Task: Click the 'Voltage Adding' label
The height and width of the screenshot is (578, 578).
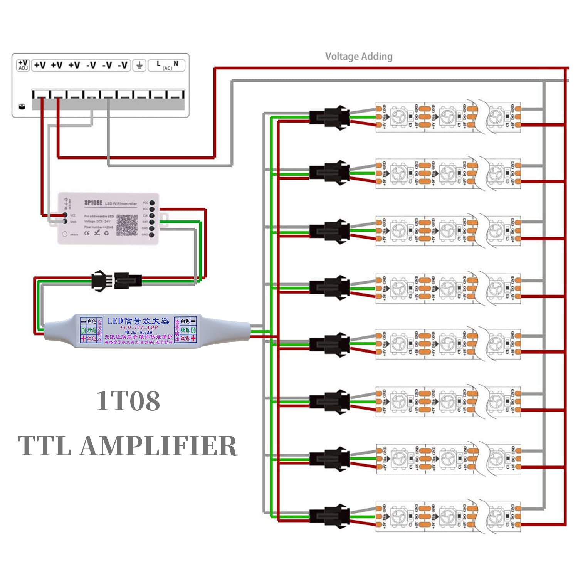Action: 359,57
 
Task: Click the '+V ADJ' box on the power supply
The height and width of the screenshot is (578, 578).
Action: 23,65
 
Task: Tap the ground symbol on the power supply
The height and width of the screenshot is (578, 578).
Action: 139,65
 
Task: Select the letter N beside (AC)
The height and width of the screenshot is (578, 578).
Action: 176,64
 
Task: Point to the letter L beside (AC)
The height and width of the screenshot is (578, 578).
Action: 158,64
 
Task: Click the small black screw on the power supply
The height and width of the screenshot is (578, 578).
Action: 22,106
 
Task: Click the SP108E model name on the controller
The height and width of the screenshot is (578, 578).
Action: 93,203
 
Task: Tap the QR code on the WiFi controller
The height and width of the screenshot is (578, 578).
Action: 127,225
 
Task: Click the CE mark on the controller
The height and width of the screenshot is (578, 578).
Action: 87,233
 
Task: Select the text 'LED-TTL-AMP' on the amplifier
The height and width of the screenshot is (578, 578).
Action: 139,328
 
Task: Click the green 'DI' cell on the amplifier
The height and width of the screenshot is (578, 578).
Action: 83,330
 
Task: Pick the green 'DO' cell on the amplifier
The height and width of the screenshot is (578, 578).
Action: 193,330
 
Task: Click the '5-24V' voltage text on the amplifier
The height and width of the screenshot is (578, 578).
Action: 146,333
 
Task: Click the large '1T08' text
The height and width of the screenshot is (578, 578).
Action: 128,401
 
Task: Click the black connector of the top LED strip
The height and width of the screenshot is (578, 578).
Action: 330,117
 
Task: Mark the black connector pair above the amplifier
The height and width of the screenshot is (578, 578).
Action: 116,280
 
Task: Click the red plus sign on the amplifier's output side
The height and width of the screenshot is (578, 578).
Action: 193,338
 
